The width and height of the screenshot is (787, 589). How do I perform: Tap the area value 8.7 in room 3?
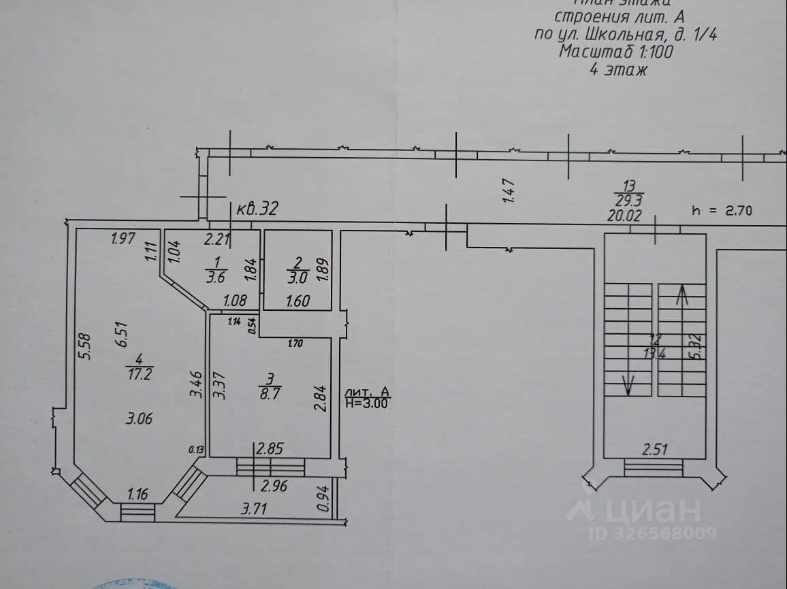(269, 392)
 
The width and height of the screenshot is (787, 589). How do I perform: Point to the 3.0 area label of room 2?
(298, 277)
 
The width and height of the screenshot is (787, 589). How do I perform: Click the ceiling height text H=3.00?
(368, 403)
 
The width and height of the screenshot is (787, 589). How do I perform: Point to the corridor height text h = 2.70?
(720, 211)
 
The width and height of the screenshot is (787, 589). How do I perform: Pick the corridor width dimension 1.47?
(507, 191)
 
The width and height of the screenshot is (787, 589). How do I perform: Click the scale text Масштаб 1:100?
(616, 52)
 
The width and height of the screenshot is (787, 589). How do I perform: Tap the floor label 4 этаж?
(617, 69)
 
